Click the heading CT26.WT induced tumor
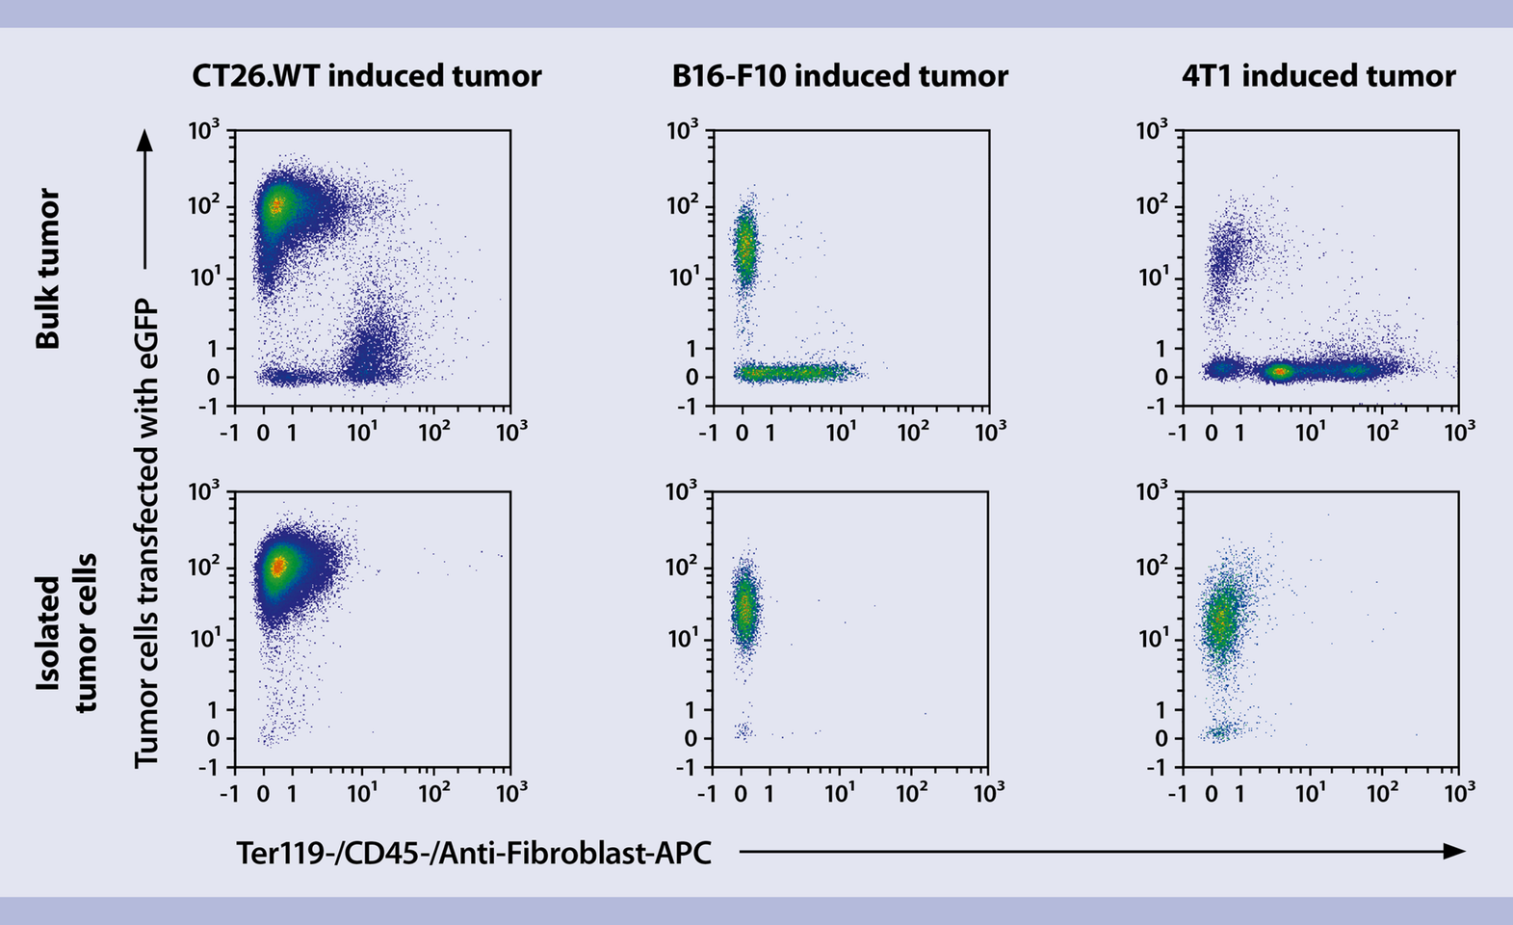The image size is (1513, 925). tap(366, 76)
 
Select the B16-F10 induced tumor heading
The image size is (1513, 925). tap(840, 76)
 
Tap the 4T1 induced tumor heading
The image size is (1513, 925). tap(1318, 76)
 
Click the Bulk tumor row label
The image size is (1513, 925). tap(48, 268)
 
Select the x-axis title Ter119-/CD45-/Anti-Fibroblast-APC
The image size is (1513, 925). tap(474, 852)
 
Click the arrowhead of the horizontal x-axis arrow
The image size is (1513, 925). tap(1455, 851)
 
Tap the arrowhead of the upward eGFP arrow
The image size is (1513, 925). tap(144, 141)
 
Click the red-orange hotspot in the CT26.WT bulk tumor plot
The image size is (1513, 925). tap(276, 204)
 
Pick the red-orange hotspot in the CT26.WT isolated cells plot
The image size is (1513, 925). tap(277, 567)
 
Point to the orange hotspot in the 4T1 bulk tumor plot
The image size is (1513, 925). tap(1279, 371)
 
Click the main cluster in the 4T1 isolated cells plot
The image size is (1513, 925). tap(1221, 617)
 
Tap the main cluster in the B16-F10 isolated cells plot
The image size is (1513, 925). tap(743, 609)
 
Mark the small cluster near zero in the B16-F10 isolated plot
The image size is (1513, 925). tap(742, 731)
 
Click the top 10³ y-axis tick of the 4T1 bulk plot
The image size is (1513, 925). tap(1153, 129)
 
